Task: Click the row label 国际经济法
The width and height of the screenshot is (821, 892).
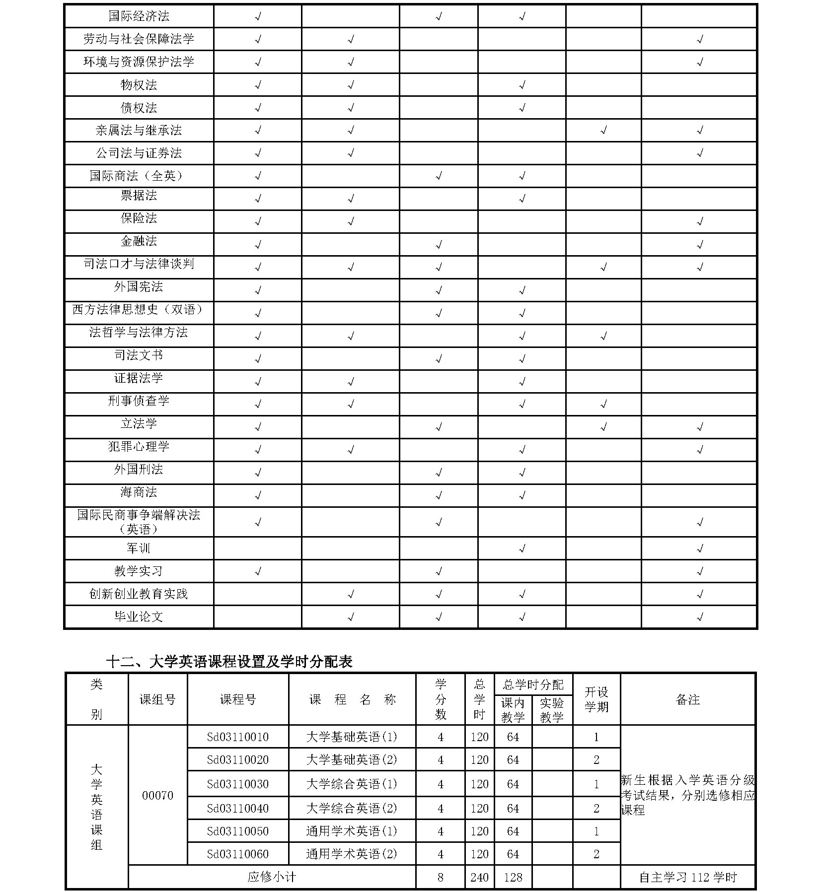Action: coord(139,16)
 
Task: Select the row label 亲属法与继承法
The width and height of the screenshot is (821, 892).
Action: coord(139,130)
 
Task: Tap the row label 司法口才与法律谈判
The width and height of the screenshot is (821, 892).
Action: coord(139,264)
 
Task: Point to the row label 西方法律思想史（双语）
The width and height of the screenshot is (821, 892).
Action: coord(139,309)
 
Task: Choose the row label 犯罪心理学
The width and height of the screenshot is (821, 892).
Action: coord(139,446)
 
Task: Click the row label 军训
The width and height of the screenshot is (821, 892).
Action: coord(139,548)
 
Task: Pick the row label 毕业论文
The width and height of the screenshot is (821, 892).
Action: coord(139,617)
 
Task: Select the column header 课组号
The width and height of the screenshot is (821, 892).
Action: coord(157,699)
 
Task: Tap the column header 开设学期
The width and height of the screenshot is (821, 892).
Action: coord(597,699)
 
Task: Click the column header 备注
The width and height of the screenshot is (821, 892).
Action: coord(688,699)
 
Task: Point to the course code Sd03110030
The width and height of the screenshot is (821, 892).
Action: coord(238,784)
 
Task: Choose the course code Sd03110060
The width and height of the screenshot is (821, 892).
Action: coord(238,854)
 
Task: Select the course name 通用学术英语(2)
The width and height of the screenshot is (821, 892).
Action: coord(352,854)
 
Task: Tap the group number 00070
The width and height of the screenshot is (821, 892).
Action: coord(157,795)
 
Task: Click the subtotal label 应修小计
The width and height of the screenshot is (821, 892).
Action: coord(272,877)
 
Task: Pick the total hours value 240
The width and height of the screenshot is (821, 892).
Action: coord(479,877)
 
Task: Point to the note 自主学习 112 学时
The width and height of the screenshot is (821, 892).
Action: coord(688,877)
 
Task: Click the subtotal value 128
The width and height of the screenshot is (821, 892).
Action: coord(513,877)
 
